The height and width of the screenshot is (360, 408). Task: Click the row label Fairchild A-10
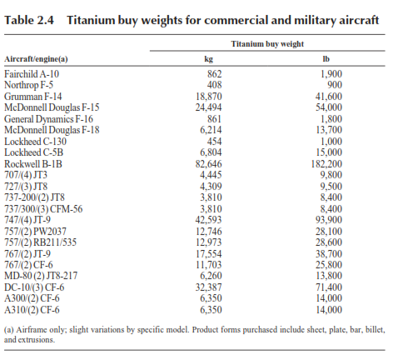[x=32, y=74]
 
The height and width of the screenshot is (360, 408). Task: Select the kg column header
[x=209, y=59]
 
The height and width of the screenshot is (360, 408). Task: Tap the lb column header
[x=326, y=59]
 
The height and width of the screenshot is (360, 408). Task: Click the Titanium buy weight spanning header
[x=267, y=44]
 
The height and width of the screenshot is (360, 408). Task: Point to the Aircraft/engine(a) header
[x=36, y=59]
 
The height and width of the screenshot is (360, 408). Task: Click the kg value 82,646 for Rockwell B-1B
[x=208, y=164]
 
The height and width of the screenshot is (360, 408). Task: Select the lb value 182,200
[x=326, y=164]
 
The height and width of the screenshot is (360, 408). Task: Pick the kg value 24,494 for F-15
[x=208, y=107]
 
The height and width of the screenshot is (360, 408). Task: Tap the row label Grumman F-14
[x=33, y=97]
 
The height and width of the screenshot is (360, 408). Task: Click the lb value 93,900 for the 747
[x=329, y=220]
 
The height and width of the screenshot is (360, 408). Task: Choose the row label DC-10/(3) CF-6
[x=34, y=287]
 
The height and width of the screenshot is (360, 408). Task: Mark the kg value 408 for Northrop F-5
[x=214, y=85]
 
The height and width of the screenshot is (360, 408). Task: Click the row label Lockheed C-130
[x=35, y=142]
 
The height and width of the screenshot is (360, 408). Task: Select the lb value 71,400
[x=329, y=287]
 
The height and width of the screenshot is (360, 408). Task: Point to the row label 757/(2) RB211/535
[x=40, y=242]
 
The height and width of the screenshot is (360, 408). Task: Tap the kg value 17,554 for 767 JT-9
[x=209, y=254]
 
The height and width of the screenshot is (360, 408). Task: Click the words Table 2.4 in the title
[x=29, y=20]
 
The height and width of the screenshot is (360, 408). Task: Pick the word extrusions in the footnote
[x=37, y=340]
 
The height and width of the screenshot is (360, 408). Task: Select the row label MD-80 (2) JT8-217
[x=41, y=276]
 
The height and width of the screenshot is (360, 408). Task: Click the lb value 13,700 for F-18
[x=329, y=130]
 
